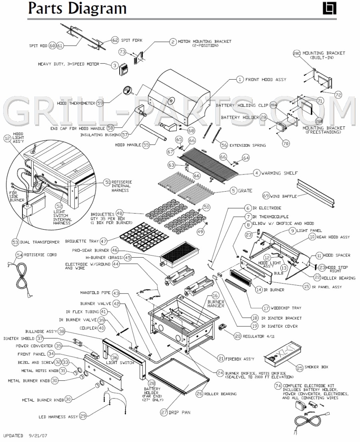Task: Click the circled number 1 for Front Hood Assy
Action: pyautogui.click(x=240, y=80)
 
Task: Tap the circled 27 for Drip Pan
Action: pyautogui.click(x=164, y=412)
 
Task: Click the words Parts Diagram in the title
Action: pyautogui.click(x=77, y=8)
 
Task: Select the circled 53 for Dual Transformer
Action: pyautogui.click(x=16, y=242)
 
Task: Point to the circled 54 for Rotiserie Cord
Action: pyautogui.click(x=19, y=255)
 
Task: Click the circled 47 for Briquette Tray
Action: pyautogui.click(x=104, y=241)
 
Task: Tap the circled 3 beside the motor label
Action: pyautogui.click(x=114, y=65)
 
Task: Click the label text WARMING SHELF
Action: pyautogui.click(x=280, y=173)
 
